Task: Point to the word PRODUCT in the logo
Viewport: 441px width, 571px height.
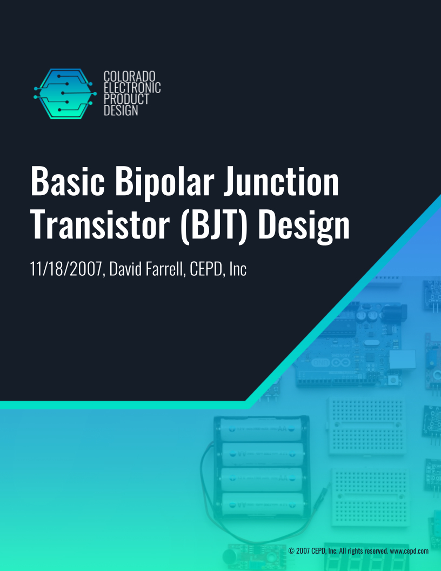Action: (x=126, y=99)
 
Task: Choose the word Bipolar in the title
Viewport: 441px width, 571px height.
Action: (x=157, y=183)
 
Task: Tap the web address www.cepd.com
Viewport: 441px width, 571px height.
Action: (x=409, y=550)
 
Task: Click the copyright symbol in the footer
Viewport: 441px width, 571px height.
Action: (x=291, y=550)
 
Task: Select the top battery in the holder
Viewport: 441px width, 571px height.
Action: (x=261, y=431)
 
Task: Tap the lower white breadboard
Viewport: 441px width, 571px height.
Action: (x=368, y=497)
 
